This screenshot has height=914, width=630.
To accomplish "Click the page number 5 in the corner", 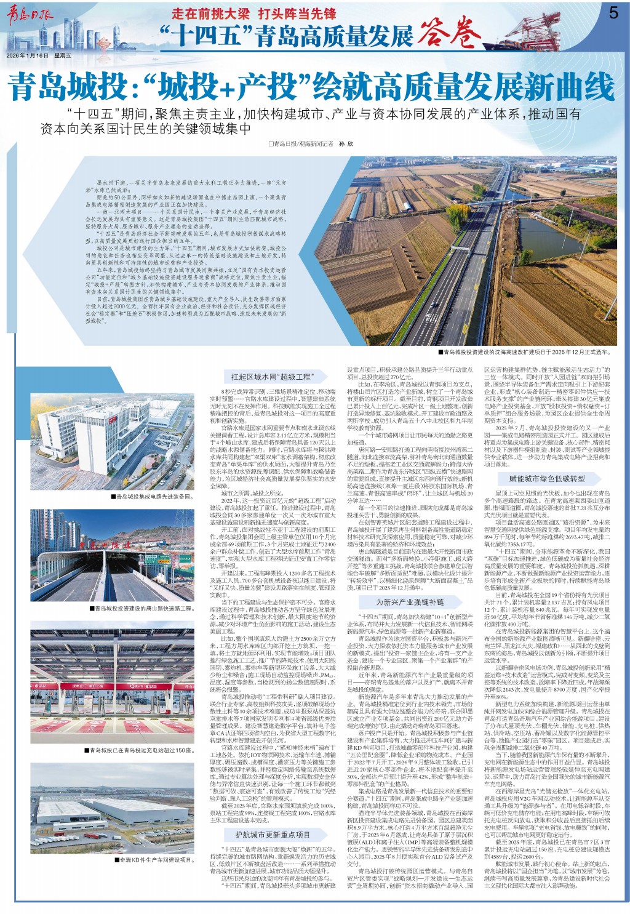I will point(613,12).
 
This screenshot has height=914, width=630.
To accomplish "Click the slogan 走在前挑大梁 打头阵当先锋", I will point(253,14).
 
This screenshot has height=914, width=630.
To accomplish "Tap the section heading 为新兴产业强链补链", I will point(409,602).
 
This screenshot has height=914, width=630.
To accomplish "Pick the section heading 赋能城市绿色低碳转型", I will point(547,478).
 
